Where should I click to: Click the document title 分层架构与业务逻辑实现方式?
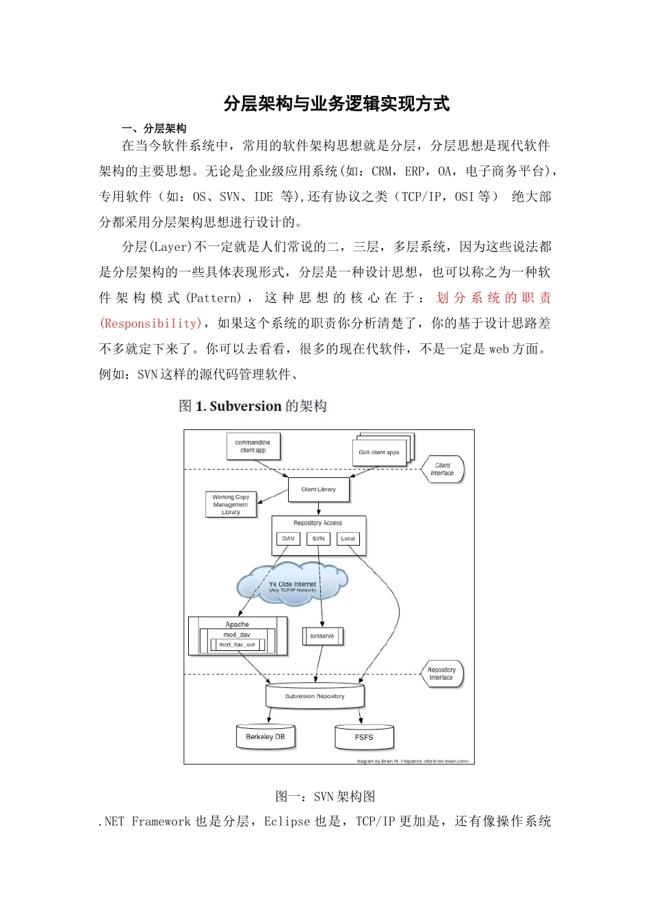tap(337, 104)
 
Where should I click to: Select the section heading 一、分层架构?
tap(154, 129)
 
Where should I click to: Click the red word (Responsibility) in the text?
tap(151, 323)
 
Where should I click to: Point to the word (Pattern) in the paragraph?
tap(214, 298)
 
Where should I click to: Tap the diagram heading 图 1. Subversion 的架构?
tap(252, 406)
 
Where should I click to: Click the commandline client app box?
tap(252, 447)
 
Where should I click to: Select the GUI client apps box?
tap(379, 452)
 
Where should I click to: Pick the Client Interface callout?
tap(443, 469)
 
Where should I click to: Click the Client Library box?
tap(318, 490)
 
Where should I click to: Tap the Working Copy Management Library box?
tap(231, 505)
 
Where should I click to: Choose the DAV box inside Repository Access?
tap(288, 539)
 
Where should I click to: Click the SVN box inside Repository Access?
tap(318, 539)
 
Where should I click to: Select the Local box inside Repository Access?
tap(348, 539)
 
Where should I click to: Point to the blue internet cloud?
tap(292, 585)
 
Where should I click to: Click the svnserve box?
tap(322, 636)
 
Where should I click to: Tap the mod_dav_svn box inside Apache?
tap(237, 645)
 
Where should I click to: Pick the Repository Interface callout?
tap(442, 674)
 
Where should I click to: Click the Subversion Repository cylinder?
tap(315, 696)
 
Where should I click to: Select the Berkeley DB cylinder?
tap(265, 737)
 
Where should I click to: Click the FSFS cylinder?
tap(364, 738)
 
